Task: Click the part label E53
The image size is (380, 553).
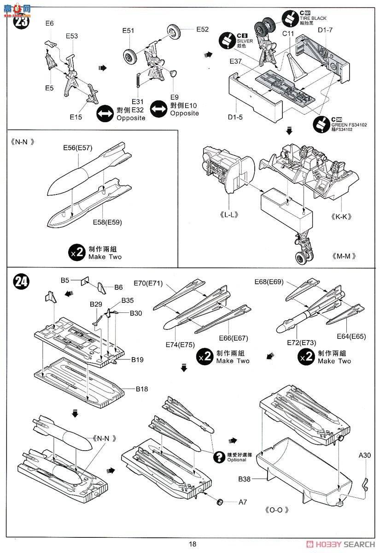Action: click(71, 36)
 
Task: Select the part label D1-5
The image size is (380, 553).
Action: click(235, 117)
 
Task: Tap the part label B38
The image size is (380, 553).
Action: click(245, 480)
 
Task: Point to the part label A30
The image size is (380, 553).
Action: click(366, 455)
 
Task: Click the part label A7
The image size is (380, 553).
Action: click(243, 502)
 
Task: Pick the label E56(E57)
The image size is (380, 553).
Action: click(78, 147)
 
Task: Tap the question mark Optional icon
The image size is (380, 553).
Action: click(217, 457)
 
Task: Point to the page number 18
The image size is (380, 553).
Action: click(192, 544)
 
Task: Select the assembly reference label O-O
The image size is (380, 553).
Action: click(276, 510)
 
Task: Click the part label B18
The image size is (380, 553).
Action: click(141, 388)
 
